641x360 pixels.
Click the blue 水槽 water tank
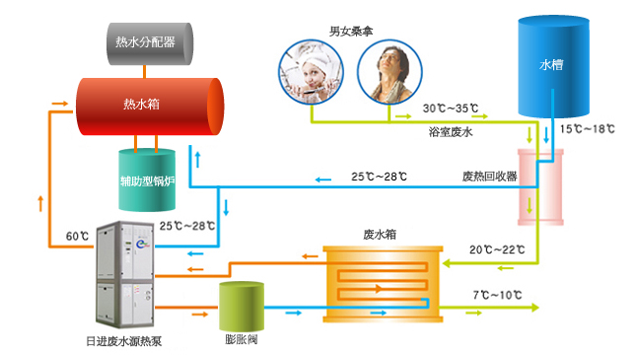point(550,66)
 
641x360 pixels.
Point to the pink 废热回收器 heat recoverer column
point(539,186)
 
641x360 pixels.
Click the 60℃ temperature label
point(78,237)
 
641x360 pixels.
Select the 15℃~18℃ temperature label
point(587,129)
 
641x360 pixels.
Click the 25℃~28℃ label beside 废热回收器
point(379,178)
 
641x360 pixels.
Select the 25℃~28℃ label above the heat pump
point(185,226)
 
